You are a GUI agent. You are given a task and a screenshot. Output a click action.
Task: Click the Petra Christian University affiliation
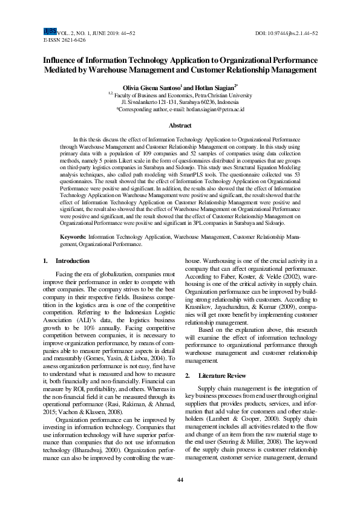click(214, 95)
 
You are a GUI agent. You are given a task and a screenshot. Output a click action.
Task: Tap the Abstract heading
click(180, 126)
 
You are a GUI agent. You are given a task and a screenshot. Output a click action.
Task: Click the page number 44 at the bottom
click(180, 480)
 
